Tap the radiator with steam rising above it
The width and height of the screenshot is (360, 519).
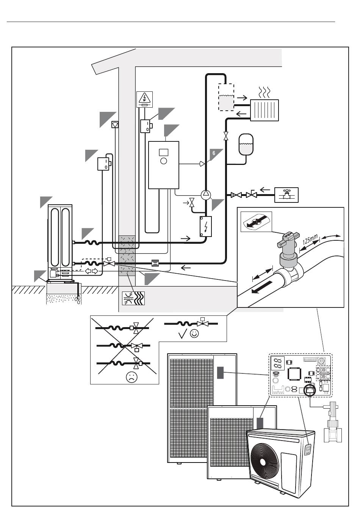264,110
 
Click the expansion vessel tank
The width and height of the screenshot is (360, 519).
246,144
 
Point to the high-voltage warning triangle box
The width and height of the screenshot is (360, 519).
144,99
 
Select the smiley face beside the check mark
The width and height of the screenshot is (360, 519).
194,333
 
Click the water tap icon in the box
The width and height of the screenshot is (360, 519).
286,195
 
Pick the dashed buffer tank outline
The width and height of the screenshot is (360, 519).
226,97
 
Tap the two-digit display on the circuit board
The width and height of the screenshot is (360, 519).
277,363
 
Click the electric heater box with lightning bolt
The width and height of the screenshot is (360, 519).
205,226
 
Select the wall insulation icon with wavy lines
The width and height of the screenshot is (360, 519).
133,298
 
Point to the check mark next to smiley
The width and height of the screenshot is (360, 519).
183,335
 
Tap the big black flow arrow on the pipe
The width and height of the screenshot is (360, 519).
262,287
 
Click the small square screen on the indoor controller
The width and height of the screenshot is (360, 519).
164,152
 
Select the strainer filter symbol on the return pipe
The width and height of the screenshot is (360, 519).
155,263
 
